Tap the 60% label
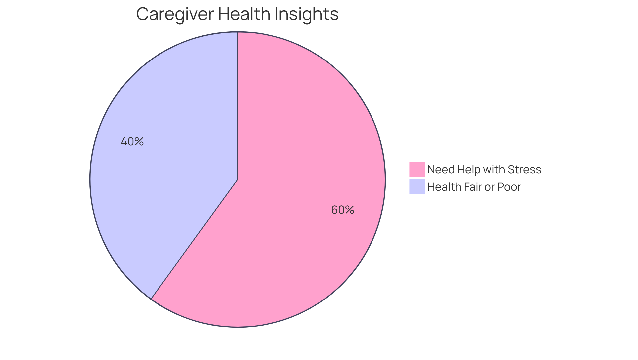[342, 210]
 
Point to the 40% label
[132, 142]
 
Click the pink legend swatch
[417, 169]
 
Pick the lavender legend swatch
[417, 186]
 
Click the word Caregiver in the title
[175, 14]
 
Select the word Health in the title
[244, 14]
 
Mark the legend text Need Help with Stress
[484, 169]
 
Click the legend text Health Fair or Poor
[474, 187]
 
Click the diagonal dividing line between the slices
[194, 239]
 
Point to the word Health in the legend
[443, 187]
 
